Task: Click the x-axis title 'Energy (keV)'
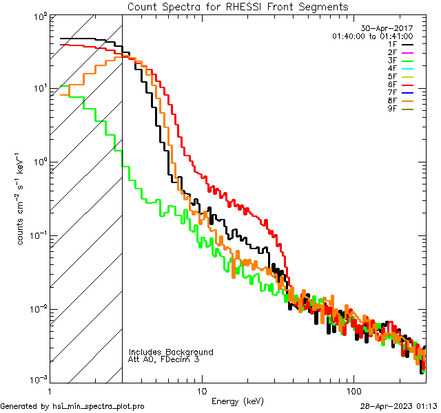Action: coord(238,401)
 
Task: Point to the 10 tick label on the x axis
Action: coord(201,390)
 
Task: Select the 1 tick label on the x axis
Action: coord(51,390)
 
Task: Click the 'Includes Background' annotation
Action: coord(171,352)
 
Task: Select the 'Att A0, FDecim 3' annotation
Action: coord(164,359)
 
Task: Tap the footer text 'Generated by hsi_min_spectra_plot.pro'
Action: coord(72,406)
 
